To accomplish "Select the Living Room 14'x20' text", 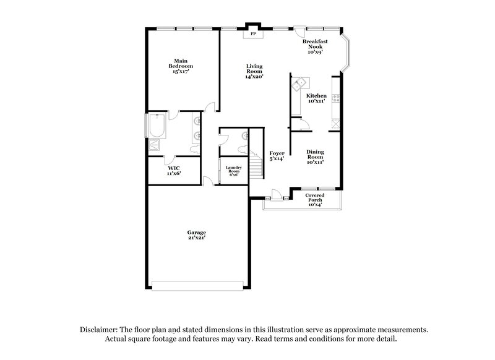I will (254, 71).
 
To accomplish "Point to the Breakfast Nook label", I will (315, 46).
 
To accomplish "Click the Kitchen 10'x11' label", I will (316, 98).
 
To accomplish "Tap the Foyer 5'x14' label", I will (276, 156).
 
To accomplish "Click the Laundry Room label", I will (233, 169).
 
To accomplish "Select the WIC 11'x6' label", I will (173, 170).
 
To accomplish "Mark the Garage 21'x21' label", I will (197, 235).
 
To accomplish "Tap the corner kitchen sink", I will (299, 82).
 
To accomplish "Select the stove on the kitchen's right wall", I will (336, 97).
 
